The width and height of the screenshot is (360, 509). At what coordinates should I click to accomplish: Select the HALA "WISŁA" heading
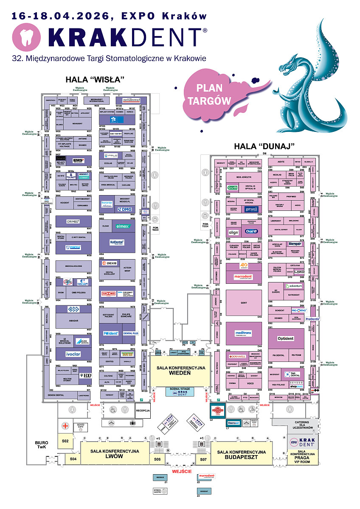point(94,80)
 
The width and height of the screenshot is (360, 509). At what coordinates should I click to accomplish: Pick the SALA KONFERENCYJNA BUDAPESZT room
point(241,454)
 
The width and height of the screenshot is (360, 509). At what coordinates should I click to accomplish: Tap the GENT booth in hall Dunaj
point(244,303)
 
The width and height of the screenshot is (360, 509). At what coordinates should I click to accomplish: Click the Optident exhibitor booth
point(286,338)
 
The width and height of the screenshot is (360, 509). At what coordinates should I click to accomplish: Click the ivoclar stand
point(73,353)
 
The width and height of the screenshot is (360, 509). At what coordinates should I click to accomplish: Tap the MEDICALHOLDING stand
point(73,266)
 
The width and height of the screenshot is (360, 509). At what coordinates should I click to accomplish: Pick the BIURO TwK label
point(41,444)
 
